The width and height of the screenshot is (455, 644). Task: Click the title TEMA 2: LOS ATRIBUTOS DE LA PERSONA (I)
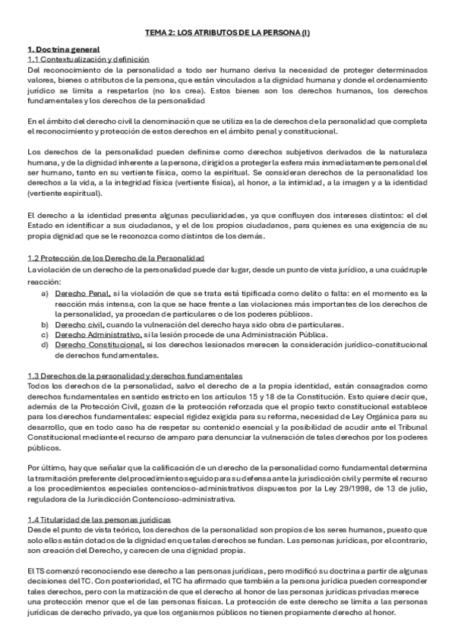point(228,33)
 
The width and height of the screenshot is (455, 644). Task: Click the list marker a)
point(46,292)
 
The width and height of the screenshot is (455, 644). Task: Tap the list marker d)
point(46,345)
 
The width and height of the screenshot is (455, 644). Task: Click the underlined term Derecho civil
point(82,324)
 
